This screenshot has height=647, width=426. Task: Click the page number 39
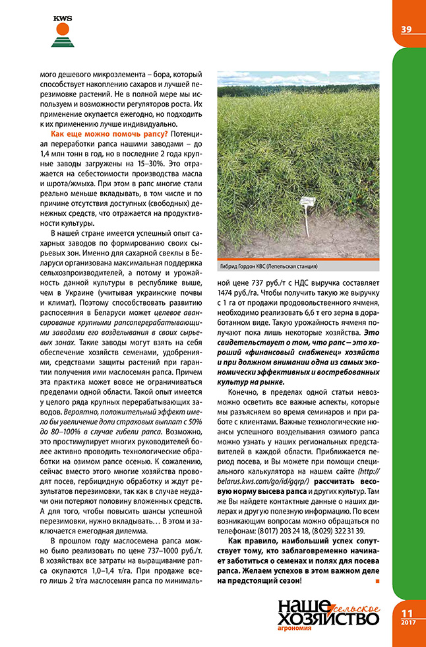tap(406, 28)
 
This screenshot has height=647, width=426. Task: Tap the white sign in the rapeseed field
tap(308, 202)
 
